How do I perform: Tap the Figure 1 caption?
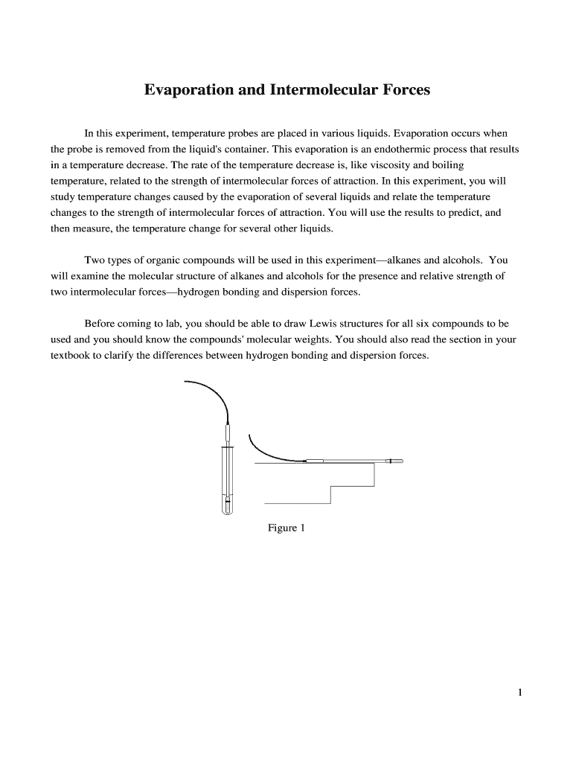(x=286, y=528)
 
